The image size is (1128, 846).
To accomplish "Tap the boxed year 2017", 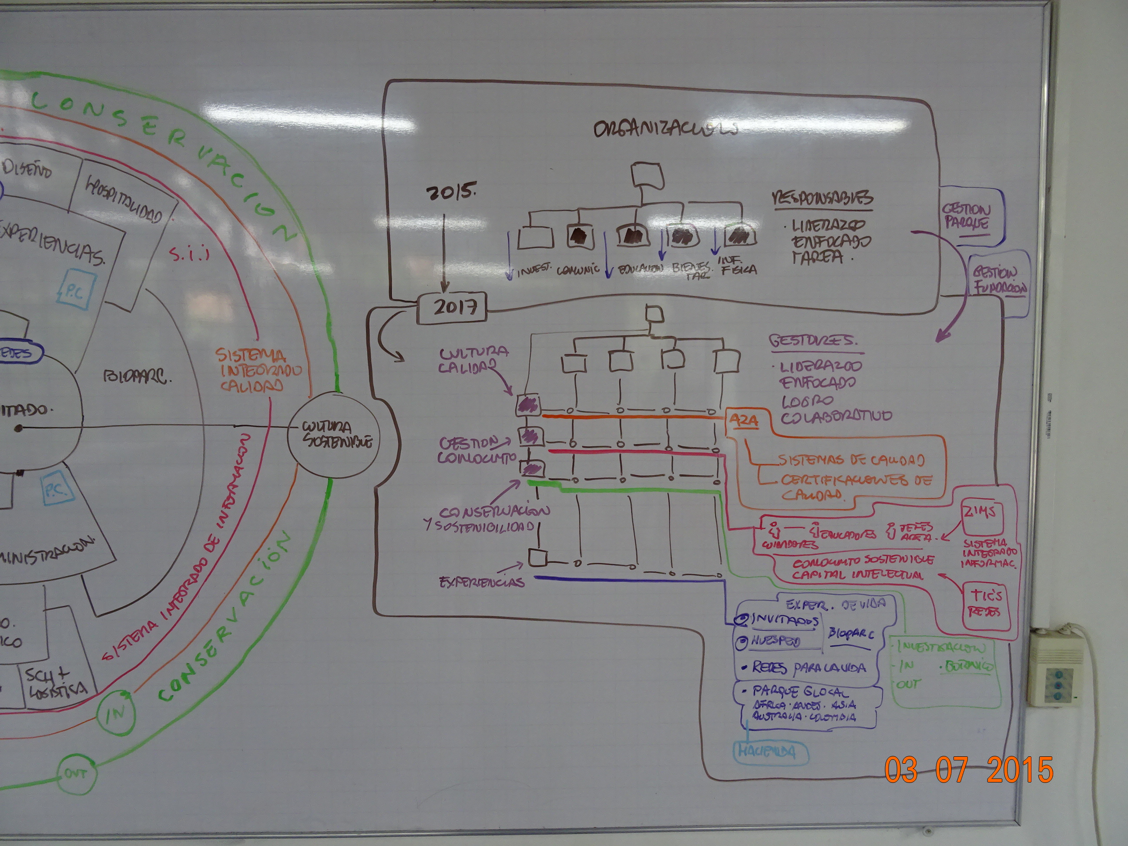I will pos(452,308).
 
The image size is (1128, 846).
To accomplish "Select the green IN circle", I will pos(115,712).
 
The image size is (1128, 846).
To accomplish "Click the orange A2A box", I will pos(743,421).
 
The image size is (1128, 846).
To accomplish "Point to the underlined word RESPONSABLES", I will pos(822,198).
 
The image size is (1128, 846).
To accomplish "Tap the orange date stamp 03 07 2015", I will pos(968,769).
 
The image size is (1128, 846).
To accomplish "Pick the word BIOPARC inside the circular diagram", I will pos(137,377).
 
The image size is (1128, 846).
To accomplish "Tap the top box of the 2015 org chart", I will pos(647,176).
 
